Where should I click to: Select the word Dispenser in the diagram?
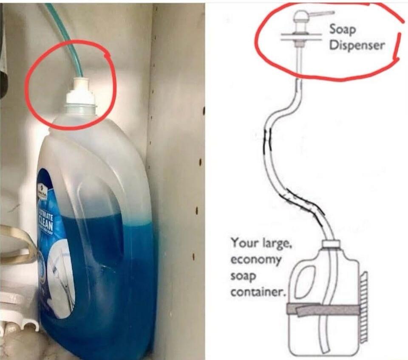point(357,45)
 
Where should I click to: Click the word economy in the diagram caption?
point(255,260)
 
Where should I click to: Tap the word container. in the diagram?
point(258,292)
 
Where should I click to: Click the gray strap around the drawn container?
point(323,309)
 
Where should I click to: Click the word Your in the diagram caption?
point(242,244)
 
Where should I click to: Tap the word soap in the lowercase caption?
point(243,276)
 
